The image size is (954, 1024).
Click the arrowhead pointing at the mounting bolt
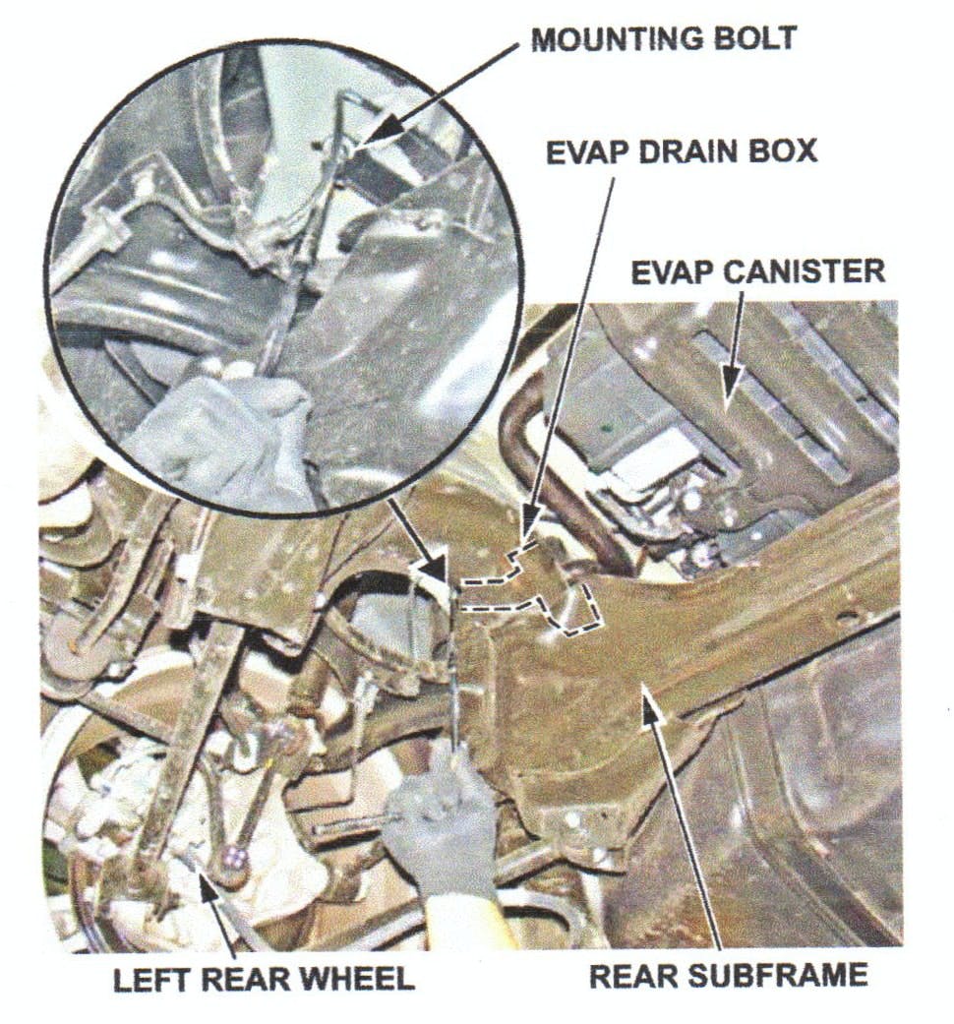[382, 127]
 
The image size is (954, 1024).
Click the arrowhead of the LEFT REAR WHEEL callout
[210, 888]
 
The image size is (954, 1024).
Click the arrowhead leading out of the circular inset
[434, 570]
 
